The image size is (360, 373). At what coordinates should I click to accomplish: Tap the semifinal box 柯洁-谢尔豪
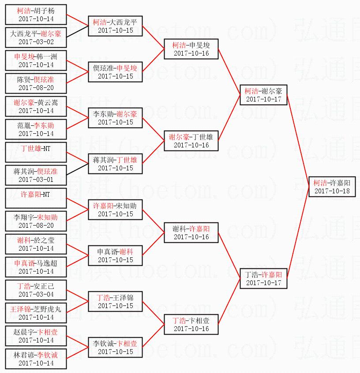263,95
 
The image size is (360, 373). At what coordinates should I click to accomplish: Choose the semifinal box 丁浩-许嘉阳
263,279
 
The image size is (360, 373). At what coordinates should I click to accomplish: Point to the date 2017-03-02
36,41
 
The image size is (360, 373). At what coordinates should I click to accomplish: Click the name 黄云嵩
48,102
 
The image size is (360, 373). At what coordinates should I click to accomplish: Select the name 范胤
24,125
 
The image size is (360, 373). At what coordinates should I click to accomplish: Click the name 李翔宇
23,217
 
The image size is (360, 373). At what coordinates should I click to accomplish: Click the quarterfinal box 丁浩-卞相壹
191,324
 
